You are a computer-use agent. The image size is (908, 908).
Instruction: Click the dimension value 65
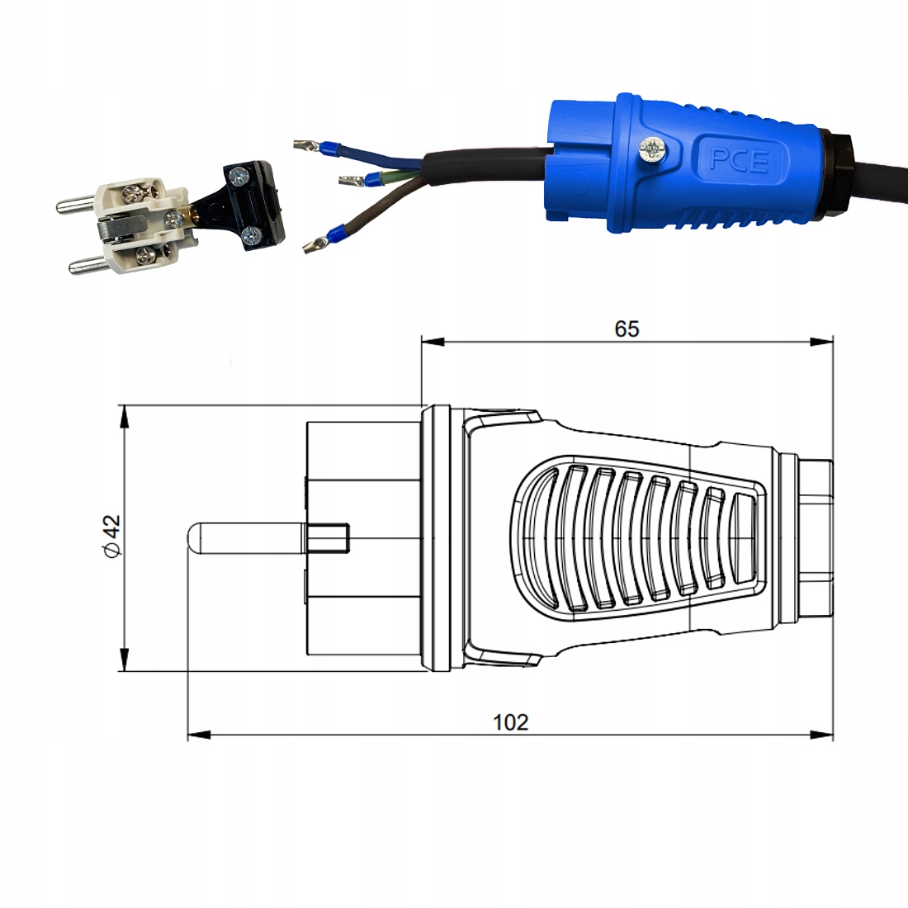[x=627, y=329]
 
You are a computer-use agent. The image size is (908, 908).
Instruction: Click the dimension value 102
[x=510, y=722]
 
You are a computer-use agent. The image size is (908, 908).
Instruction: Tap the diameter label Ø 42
[x=111, y=536]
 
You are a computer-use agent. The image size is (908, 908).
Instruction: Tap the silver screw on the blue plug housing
[x=653, y=149]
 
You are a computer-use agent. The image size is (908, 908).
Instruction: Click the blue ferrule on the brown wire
[x=334, y=234]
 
